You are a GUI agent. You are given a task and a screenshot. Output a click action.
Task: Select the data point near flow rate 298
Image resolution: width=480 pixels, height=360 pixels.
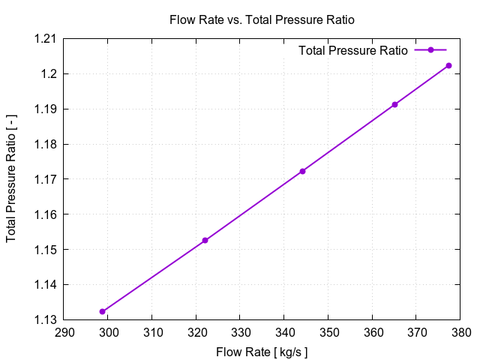coord(102,311)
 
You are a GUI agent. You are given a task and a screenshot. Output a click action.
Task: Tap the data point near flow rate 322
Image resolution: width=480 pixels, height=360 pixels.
coord(205,240)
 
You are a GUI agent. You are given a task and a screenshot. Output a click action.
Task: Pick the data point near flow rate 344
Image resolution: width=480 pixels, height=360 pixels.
coord(302,171)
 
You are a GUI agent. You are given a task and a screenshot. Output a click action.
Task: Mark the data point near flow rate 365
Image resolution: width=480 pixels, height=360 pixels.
coord(394,104)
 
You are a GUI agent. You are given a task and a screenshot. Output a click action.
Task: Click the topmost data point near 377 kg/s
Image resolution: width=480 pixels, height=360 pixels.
coord(448,65)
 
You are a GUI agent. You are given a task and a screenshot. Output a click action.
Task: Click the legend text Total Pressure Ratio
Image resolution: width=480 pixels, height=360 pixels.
coord(352,51)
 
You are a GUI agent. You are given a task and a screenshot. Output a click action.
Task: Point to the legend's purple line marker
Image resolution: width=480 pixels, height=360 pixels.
coord(430,50)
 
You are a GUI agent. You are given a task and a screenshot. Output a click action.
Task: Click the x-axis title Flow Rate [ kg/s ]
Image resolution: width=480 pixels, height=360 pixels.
coord(262,352)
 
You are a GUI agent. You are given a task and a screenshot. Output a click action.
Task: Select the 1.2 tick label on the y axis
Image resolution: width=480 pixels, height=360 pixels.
coord(46,74)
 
